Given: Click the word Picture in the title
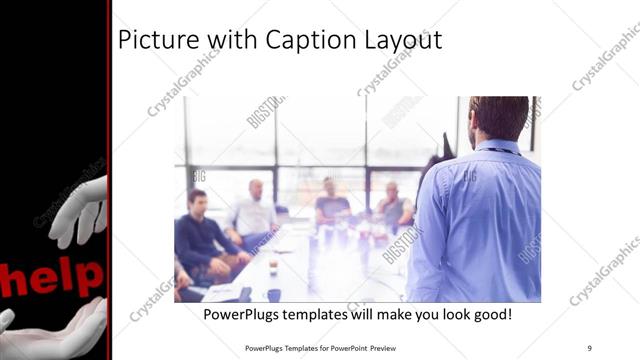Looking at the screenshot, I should tap(151, 41).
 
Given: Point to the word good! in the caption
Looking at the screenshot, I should tap(491, 314).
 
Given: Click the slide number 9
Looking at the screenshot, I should tap(589, 348).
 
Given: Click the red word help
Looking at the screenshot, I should tap(55, 277).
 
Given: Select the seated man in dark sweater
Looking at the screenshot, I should tap(200, 235).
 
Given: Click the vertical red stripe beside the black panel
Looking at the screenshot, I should tap(109, 180).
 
